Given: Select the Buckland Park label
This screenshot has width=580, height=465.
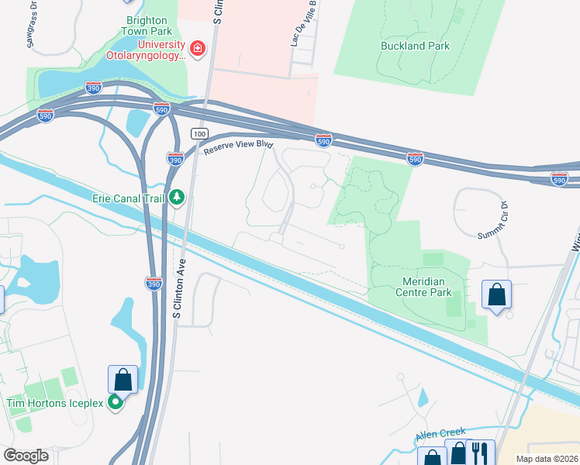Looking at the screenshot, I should (x=415, y=46).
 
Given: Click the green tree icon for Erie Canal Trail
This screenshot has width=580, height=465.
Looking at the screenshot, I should (x=178, y=198).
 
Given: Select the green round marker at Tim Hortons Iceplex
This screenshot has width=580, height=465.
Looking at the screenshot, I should (x=116, y=401).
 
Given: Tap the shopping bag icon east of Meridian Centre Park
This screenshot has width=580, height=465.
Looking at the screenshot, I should (x=496, y=295).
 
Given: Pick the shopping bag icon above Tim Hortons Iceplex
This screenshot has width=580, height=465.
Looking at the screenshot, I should (x=123, y=380).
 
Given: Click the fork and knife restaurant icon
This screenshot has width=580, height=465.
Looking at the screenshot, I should (x=481, y=453).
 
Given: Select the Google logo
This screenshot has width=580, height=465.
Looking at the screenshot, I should (x=26, y=456).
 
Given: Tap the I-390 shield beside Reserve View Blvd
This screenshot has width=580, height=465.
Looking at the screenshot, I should (x=175, y=159).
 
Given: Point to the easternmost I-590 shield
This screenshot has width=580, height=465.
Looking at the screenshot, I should (x=560, y=179).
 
